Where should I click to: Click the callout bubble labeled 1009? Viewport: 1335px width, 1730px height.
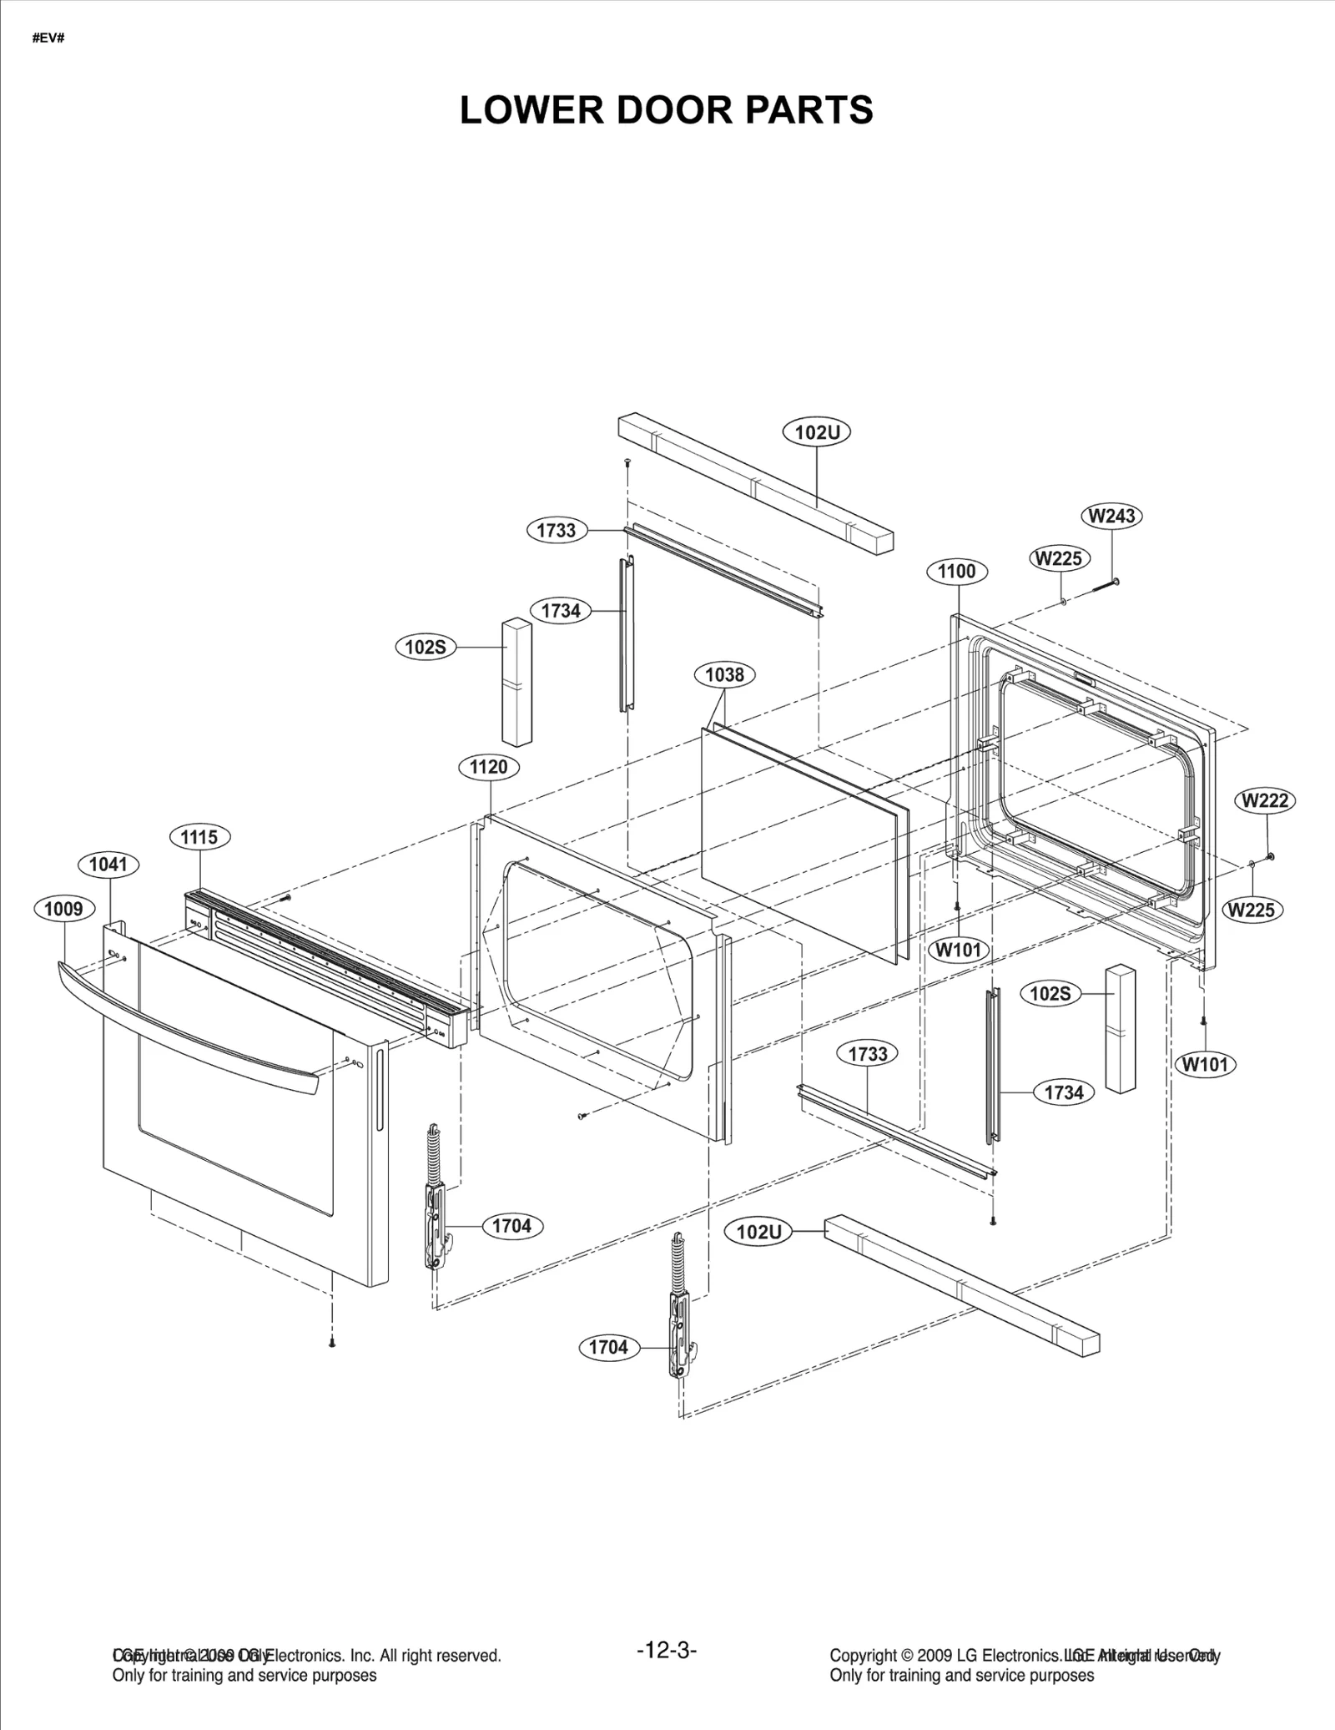[63, 909]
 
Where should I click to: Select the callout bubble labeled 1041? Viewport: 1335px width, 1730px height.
[108, 865]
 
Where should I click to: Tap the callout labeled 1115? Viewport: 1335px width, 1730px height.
[199, 837]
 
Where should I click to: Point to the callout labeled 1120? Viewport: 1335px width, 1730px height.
[489, 767]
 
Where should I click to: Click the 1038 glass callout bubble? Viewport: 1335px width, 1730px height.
[724, 674]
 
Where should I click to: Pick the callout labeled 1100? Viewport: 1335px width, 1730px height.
[956, 572]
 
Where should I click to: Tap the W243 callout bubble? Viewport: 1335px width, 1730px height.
[1112, 516]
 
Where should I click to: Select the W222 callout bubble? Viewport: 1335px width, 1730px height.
[1265, 800]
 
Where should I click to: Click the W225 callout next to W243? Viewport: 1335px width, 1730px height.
[1059, 558]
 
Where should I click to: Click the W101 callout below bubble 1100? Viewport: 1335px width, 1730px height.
[959, 950]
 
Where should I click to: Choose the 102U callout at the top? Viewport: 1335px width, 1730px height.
[817, 432]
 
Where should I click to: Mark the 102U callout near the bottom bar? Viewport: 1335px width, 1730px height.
[758, 1232]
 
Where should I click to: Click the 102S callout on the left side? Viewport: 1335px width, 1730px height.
[426, 647]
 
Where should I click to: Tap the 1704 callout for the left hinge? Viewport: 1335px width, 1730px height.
[511, 1226]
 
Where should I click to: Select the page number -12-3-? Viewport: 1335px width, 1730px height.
[667, 1650]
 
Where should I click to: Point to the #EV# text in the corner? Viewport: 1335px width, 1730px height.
[48, 38]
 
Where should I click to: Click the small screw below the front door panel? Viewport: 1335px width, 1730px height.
[332, 1343]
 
